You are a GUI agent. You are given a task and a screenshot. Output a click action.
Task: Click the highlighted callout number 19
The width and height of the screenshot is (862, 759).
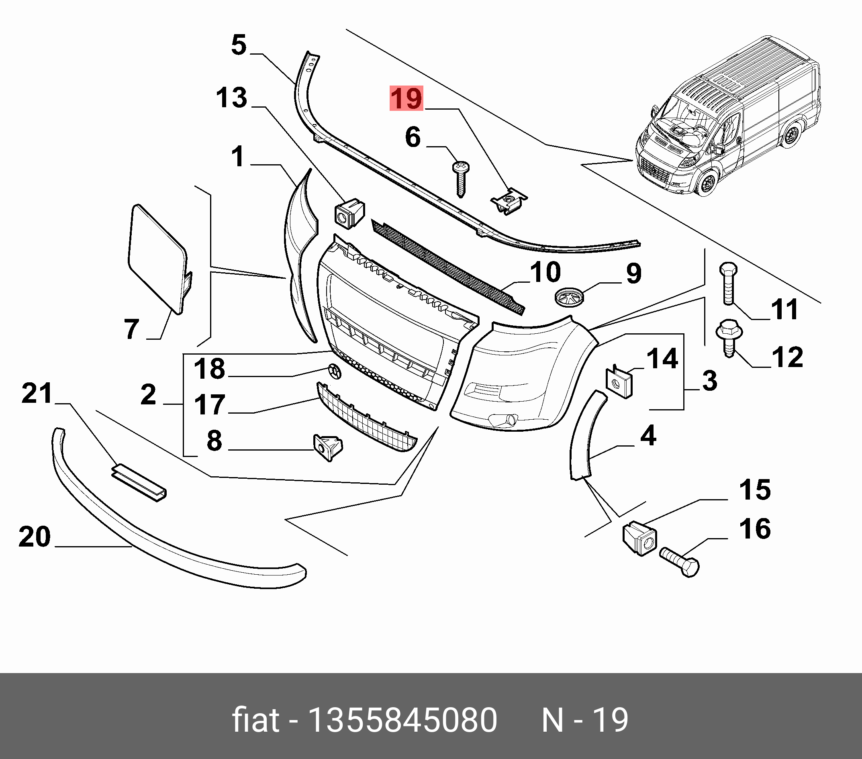coord(406,99)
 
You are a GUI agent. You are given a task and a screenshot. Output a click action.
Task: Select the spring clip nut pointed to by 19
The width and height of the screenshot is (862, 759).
coord(509,202)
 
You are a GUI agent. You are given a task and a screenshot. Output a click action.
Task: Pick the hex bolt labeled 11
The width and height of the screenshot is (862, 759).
coord(729,283)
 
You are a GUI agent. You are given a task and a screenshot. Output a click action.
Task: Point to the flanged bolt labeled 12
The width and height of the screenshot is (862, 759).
coord(729,337)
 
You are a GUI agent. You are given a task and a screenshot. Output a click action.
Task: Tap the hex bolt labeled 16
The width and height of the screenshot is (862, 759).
coord(680,563)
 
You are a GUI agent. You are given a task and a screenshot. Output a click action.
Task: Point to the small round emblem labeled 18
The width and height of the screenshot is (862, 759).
coord(335,371)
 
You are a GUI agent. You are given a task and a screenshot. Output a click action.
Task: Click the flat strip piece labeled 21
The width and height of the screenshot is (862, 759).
coord(139,482)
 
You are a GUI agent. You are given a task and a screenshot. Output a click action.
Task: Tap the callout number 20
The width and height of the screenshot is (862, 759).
coord(35,537)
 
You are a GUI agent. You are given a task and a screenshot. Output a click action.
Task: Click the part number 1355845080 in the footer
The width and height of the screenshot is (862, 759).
coord(403,720)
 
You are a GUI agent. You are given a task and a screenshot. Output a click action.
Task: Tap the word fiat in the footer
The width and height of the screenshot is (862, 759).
coord(255,720)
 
